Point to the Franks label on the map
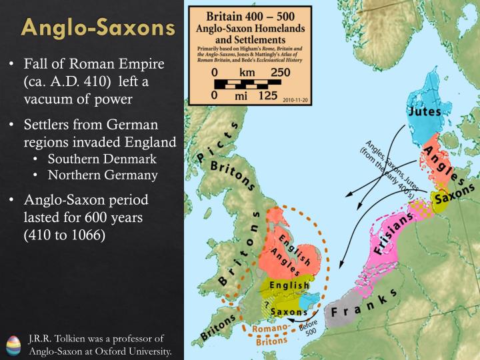363,304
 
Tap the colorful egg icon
13,345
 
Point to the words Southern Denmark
101,160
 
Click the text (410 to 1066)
65,235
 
